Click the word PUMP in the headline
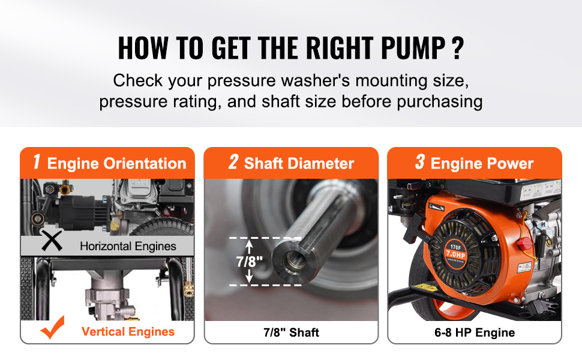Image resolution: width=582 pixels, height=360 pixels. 413,48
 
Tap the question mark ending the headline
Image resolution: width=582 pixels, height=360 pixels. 458,48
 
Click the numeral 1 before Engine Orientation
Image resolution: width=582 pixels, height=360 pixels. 37,162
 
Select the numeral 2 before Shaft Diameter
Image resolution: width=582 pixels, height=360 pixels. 233,162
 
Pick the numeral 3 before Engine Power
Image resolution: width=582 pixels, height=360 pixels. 420,162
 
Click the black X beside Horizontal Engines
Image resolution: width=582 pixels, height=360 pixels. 52,240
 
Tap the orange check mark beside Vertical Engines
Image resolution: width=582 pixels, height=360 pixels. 53,328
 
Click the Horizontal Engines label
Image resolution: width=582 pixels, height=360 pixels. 128,246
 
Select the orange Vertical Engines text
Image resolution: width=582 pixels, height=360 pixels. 128,331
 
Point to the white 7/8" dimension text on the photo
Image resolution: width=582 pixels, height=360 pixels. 250,262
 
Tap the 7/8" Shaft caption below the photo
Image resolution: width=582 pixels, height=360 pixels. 292,332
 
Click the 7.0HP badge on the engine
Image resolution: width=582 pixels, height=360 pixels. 455,254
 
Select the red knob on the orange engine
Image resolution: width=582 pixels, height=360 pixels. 524,244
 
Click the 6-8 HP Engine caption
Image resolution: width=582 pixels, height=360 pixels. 475,332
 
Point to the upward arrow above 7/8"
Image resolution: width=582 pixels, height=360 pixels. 250,247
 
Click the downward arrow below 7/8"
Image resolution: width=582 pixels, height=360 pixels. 250,276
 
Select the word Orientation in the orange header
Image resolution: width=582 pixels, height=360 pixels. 145,164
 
